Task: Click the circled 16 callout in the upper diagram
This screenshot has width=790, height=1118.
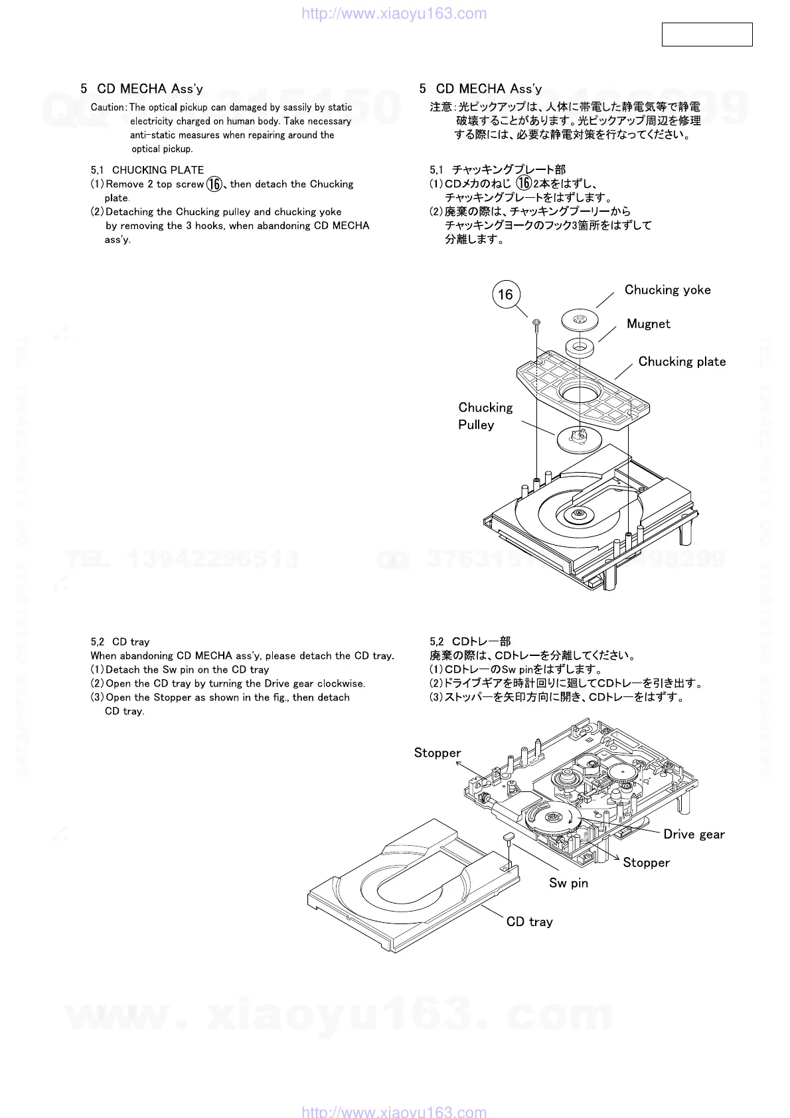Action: coord(506,295)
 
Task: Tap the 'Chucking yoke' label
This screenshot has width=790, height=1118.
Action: coord(667,290)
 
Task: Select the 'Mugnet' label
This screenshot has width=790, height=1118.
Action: coord(648,324)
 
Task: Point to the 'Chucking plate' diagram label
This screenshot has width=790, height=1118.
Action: coord(682,362)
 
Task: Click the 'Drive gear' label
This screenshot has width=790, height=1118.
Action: coord(694,835)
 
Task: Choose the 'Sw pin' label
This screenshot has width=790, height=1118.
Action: coord(568,883)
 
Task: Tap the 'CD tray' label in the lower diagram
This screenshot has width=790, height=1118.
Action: coord(529,921)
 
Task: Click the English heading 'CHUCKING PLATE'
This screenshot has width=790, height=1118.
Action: coord(158,170)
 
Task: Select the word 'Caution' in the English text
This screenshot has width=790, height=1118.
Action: coord(108,108)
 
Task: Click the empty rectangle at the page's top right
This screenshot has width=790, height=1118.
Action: coord(707,35)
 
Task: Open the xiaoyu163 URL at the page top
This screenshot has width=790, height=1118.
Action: coord(394,13)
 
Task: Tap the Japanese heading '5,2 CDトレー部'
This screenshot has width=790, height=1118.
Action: coord(470,641)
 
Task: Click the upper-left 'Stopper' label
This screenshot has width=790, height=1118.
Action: coord(437,753)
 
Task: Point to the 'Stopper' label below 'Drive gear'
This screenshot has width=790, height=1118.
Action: coord(646,862)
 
